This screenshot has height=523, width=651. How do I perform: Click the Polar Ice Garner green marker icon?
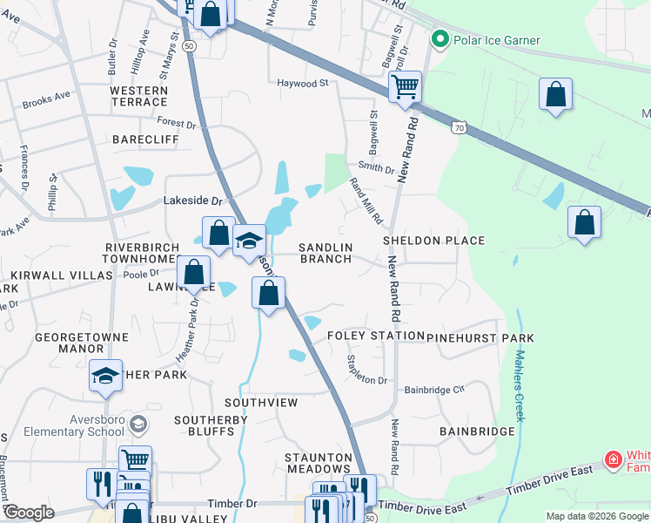[440, 40]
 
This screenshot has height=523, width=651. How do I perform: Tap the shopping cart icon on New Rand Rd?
[405, 87]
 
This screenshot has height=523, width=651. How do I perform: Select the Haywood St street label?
[305, 84]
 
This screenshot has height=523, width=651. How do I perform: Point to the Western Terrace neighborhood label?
[139, 97]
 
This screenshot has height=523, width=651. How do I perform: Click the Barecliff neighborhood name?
[145, 139]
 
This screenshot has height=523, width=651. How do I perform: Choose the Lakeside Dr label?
[189, 200]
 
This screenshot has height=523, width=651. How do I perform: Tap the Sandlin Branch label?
[326, 253]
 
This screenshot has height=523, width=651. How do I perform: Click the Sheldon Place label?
[433, 241]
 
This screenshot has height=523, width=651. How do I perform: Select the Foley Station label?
[365, 336]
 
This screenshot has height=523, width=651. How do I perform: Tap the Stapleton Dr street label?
[366, 370]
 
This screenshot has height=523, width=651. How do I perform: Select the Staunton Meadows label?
[319, 463]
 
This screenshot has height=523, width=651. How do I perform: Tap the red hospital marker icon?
[614, 459]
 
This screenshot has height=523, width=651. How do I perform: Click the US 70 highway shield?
[458, 127]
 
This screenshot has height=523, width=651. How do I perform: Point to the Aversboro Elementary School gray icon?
[137, 425]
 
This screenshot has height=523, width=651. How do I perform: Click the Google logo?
[29, 513]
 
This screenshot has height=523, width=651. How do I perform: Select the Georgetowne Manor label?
[70, 342]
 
